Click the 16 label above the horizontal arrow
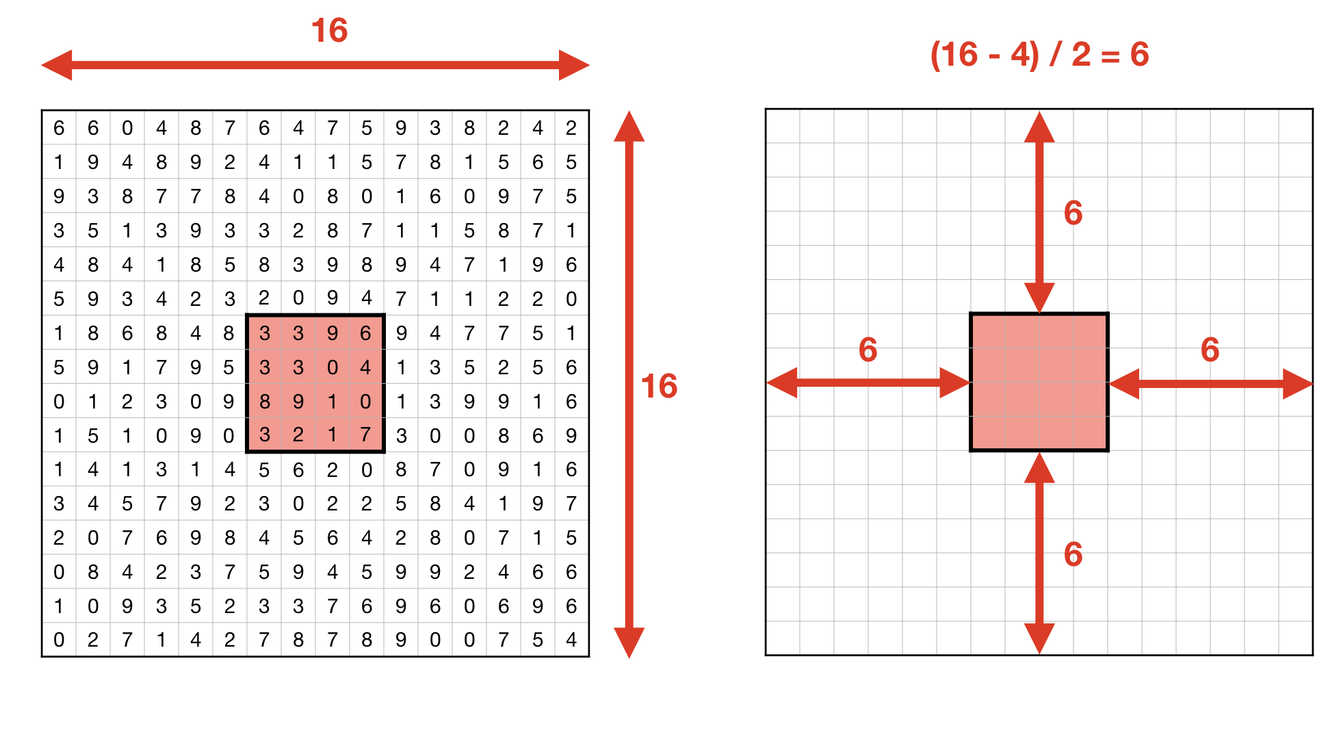point(329,31)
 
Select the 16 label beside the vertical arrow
point(659,386)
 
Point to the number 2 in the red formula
point(1081,54)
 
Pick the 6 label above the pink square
point(1073,213)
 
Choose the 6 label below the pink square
point(1073,554)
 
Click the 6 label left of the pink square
point(868,350)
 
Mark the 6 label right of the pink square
point(1210,350)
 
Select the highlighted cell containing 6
point(366,333)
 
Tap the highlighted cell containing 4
point(366,367)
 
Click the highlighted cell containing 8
point(264,402)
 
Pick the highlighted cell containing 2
point(298,435)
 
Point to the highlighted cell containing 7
point(366,435)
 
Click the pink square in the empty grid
point(1039,382)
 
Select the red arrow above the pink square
point(1039,212)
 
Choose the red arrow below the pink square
point(1039,553)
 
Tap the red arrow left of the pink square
point(868,383)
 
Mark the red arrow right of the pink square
point(1210,383)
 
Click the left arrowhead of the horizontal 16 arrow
point(57,65)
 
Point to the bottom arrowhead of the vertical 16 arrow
point(629,643)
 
